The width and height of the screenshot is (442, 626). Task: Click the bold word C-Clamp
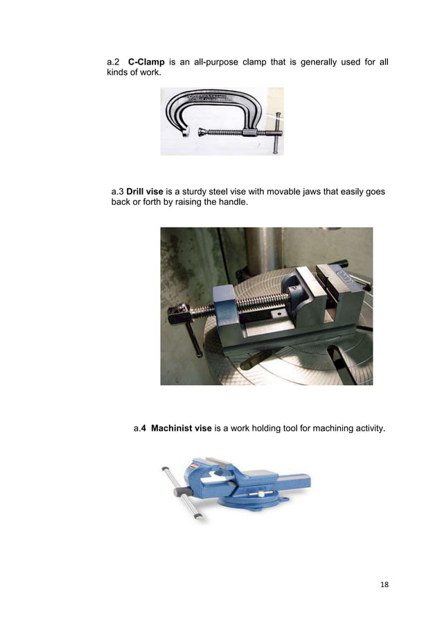pyautogui.click(x=146, y=64)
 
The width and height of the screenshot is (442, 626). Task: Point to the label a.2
pyautogui.click(x=113, y=64)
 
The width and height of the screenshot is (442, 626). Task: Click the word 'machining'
pyautogui.click(x=324, y=429)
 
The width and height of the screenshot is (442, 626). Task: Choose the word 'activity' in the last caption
pyautogui.click(x=366, y=429)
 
